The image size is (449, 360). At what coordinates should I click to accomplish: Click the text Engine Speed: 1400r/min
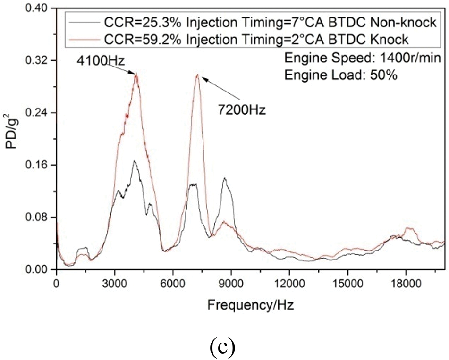tap(363, 59)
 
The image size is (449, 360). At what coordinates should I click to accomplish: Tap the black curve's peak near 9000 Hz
tap(224, 178)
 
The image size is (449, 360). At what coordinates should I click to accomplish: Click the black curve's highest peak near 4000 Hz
tap(134, 161)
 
